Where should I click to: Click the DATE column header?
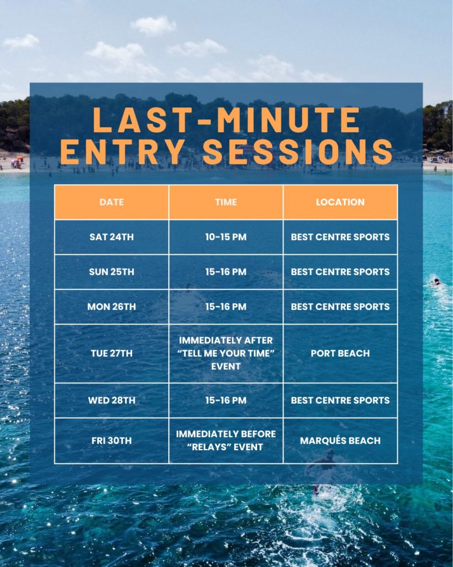tap(111, 202)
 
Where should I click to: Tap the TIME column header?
tap(226, 202)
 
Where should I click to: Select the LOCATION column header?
tap(340, 202)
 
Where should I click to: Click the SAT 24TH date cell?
tap(111, 237)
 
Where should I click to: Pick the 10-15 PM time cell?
tap(226, 237)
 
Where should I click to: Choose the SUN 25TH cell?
tap(111, 271)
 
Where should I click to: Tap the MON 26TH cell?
tap(111, 307)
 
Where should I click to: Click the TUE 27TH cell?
tap(111, 353)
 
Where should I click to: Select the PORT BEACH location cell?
tap(340, 353)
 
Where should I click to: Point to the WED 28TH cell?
tap(111, 400)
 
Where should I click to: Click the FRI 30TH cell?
tap(111, 440)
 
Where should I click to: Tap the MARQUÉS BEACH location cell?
tap(340, 440)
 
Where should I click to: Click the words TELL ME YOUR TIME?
tap(226, 353)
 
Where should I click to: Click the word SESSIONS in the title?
tap(298, 151)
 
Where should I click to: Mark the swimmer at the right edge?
tap(437, 281)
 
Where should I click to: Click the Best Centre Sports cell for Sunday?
tap(340, 271)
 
